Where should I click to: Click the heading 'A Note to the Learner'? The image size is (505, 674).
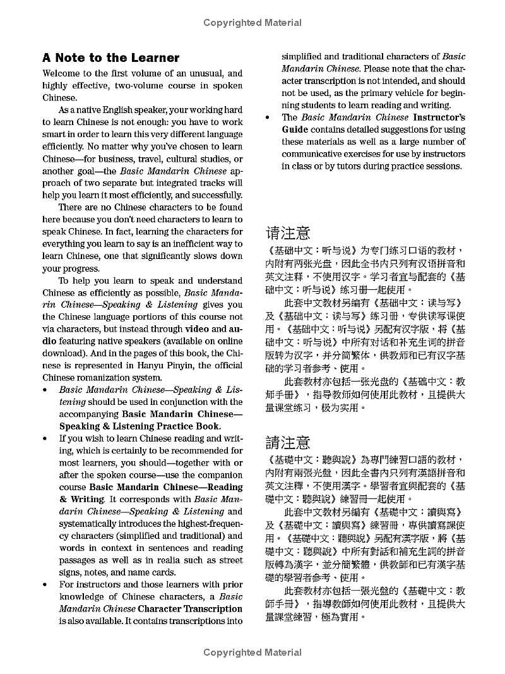tap(111, 57)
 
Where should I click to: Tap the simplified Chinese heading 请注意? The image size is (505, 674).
tap(288, 233)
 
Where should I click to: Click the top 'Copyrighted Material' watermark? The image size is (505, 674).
tap(252, 23)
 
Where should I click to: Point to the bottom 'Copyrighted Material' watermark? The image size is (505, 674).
tap(252, 653)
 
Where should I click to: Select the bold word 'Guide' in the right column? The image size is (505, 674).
tap(295, 129)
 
